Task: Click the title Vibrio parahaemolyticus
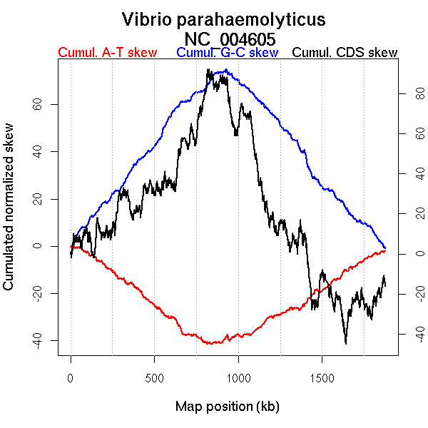223,19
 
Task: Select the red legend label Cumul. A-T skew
107,53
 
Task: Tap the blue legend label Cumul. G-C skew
227,53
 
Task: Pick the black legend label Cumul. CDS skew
345,53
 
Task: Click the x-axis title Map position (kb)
227,407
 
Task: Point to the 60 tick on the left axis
34,104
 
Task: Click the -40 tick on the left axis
34,339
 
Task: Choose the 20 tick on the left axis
34,198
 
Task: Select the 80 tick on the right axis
411,93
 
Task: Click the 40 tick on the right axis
411,173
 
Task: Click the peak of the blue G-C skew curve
226,70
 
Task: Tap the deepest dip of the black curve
346,343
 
